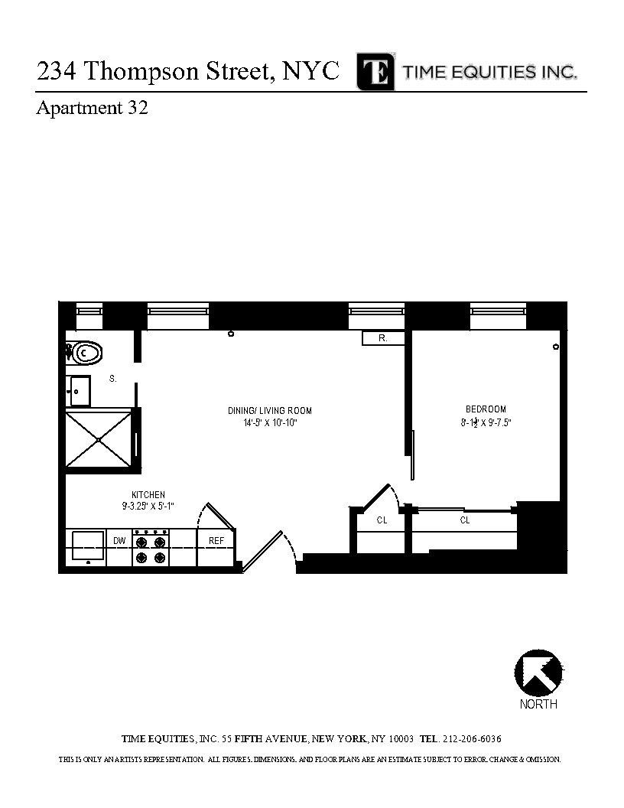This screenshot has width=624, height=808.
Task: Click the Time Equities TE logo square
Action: click(375, 72)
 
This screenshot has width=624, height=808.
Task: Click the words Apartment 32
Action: click(92, 109)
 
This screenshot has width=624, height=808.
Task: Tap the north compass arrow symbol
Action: click(538, 673)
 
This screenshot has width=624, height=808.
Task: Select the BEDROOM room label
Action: click(486, 409)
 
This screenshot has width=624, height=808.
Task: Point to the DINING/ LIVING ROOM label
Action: click(270, 411)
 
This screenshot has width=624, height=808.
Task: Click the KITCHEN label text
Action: click(148, 495)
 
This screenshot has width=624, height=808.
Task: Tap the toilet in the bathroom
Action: click(85, 353)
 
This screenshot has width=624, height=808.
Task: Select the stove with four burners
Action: click(151, 547)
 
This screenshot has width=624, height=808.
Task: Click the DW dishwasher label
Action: click(119, 541)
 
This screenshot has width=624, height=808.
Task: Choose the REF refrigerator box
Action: click(216, 541)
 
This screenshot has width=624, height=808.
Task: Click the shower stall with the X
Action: click(99, 439)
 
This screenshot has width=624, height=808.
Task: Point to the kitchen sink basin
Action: click(88, 545)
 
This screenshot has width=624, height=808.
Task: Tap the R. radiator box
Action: click(382, 338)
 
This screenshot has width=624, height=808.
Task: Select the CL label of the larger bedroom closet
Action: click(465, 520)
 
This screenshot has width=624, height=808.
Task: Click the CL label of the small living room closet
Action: click(382, 520)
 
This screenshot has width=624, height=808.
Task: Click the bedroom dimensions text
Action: click(486, 422)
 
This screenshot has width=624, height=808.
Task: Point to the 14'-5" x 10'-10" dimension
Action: click(270, 422)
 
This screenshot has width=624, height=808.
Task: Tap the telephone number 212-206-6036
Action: click(472, 739)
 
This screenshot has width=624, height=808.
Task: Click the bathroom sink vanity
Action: click(79, 391)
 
